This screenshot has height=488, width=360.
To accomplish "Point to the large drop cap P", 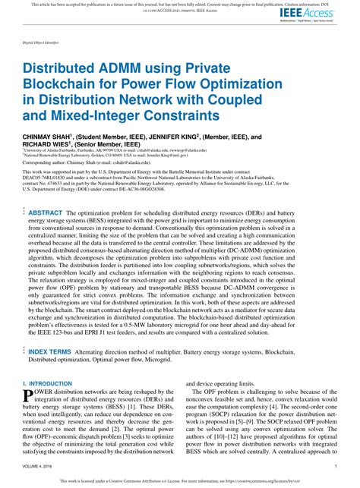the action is (x=28, y=397).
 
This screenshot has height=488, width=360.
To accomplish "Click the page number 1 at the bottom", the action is (x=336, y=466).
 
